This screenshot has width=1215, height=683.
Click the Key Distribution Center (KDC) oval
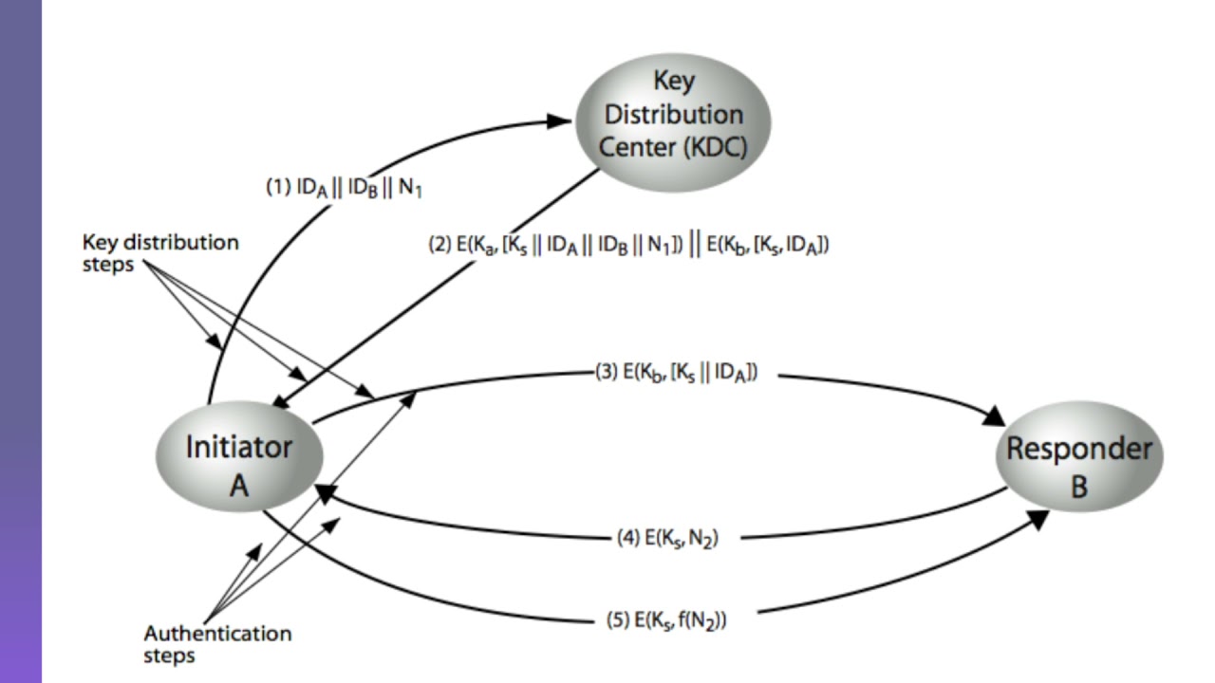tap(672, 118)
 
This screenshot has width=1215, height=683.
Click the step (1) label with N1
tap(344, 188)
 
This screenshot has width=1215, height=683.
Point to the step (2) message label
tap(629, 246)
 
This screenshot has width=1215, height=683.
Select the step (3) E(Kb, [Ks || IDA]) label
tap(676, 373)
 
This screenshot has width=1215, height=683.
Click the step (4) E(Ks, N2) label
tap(667, 539)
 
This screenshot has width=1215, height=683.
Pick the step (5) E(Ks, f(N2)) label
tap(666, 620)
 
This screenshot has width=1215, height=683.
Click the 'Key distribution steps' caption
tap(159, 251)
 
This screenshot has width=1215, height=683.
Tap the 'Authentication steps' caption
tap(217, 643)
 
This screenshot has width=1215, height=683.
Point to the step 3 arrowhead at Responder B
tap(993, 415)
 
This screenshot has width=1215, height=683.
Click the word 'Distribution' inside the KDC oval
tap(674, 115)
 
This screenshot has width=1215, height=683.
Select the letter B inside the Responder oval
tap(1079, 487)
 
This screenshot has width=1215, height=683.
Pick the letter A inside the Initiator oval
tap(239, 487)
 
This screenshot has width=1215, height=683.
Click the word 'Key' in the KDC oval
tap(674, 81)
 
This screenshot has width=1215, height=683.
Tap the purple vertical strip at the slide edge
tap(20, 341)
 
